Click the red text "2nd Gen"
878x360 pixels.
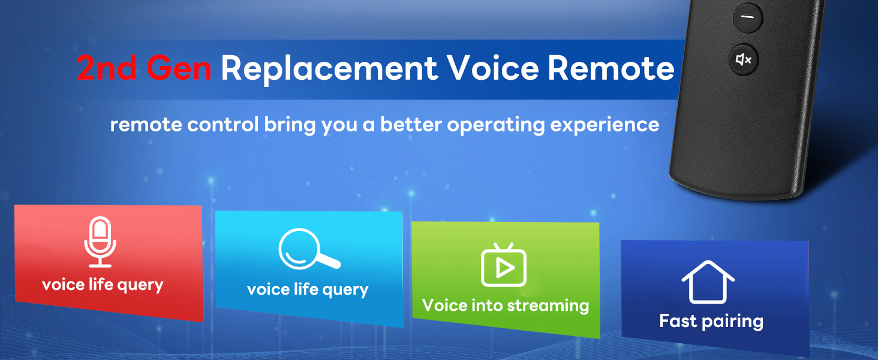(144, 68)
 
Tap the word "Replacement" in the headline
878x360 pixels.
(329, 69)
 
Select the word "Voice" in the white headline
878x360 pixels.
(493, 68)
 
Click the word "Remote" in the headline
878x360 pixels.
(611, 68)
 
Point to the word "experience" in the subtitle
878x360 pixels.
(605, 125)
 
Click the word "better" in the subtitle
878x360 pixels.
(411, 124)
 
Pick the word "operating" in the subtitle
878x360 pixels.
(496, 125)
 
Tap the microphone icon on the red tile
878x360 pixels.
(100, 242)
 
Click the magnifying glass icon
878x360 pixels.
(308, 249)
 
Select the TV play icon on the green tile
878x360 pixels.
(504, 265)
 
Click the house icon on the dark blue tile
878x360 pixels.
(708, 282)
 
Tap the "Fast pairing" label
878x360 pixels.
(711, 321)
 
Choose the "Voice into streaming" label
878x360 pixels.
(506, 305)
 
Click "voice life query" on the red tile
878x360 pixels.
(103, 285)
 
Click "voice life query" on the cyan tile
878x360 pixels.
(308, 290)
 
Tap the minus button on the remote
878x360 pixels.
(748, 17)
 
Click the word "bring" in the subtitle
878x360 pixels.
(290, 125)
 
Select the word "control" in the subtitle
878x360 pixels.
(223, 124)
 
